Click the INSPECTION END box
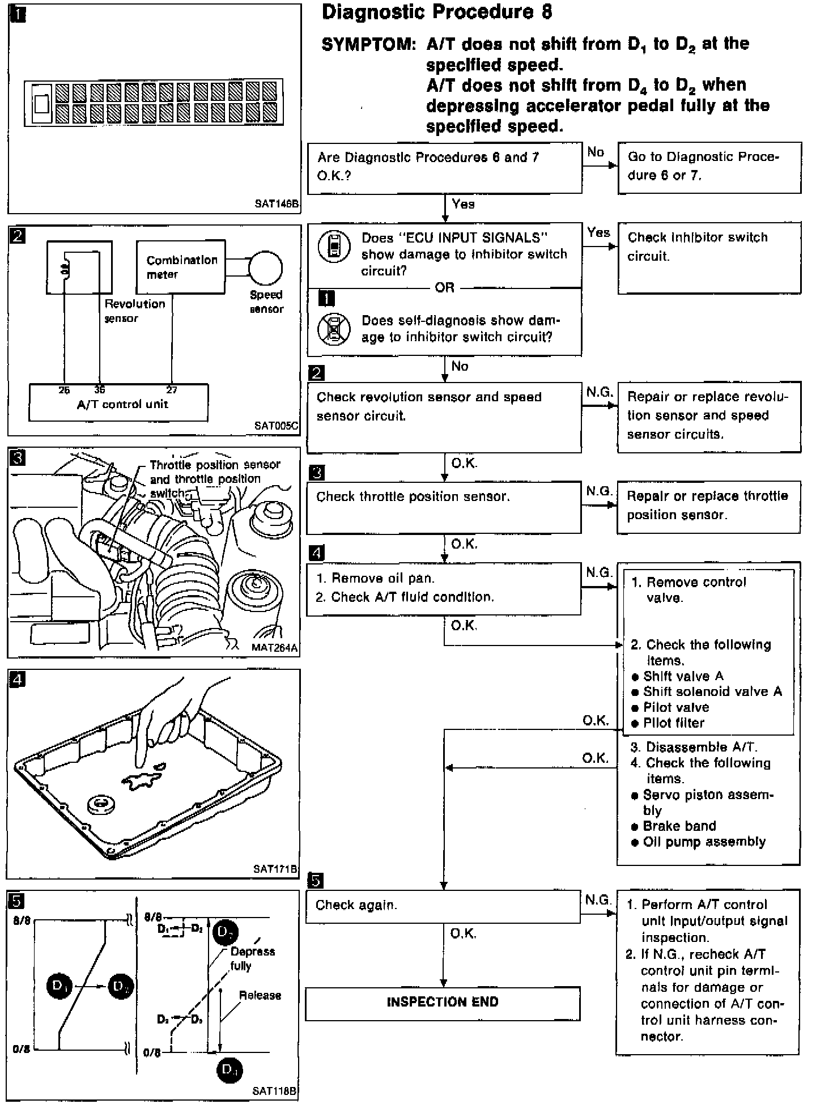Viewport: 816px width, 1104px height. click(x=443, y=1003)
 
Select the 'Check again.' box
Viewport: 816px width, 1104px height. click(x=443, y=906)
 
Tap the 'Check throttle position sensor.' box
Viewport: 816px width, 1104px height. click(x=443, y=507)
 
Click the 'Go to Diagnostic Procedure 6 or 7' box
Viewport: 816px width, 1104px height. click(x=709, y=167)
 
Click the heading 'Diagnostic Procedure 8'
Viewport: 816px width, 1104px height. click(x=436, y=13)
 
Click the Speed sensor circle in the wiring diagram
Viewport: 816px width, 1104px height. click(x=265, y=267)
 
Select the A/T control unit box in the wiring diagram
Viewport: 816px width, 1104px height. click(x=118, y=403)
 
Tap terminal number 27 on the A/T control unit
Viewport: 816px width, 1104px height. click(x=172, y=390)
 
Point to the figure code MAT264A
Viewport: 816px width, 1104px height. click(x=275, y=647)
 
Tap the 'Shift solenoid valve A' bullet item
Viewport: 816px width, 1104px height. click(x=712, y=692)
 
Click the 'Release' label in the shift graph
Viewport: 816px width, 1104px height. click(x=260, y=995)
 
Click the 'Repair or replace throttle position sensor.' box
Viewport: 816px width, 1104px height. click(x=708, y=506)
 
